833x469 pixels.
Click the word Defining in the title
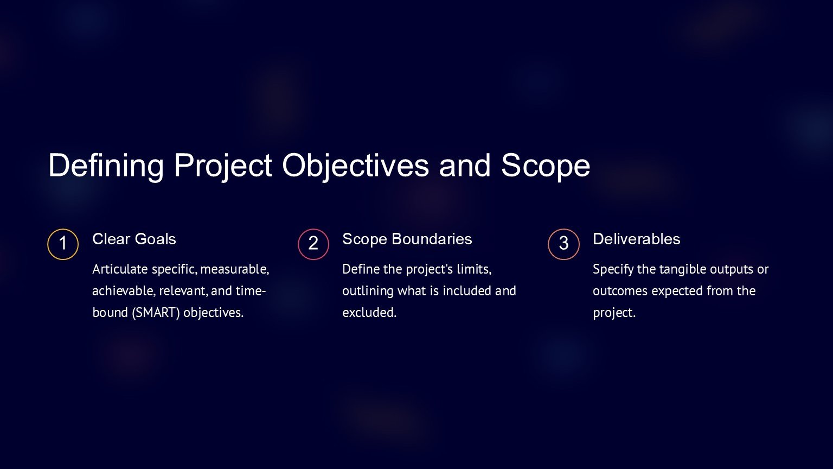coord(106,165)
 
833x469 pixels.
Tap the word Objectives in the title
coord(355,166)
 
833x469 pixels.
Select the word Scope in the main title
coord(546,166)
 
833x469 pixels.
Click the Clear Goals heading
coord(134,239)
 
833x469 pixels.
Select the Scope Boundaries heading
coord(407,239)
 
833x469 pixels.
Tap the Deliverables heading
coord(637,239)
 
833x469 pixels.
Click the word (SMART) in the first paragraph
coord(156,313)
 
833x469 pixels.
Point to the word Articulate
coord(120,269)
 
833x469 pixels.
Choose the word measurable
coord(235,269)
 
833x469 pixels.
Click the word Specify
coord(613,269)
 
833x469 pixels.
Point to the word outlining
coord(368,291)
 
